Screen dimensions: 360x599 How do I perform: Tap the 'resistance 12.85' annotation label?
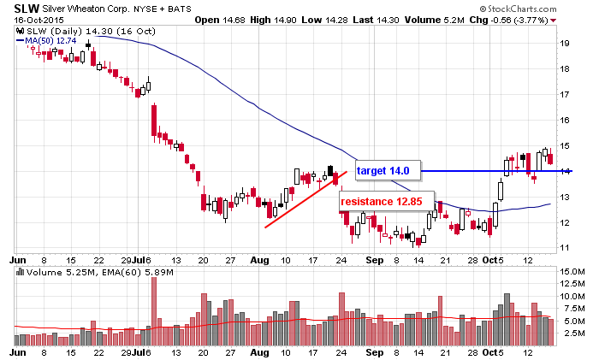pos(382,201)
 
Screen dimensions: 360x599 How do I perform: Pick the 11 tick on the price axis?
pos(565,248)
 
